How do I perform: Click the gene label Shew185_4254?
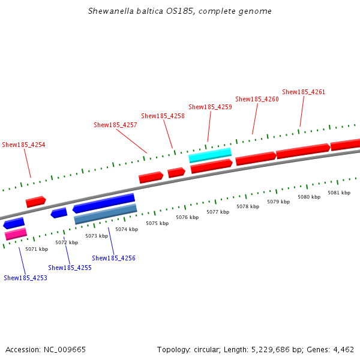23,145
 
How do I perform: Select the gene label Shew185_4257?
115,125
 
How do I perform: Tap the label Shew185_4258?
163,116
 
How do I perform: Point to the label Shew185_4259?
210,107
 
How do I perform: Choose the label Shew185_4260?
257,99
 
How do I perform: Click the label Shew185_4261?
304,92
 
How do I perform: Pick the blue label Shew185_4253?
25,278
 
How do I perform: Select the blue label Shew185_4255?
70,268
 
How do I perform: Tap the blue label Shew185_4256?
113,258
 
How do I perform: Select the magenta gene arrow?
16,234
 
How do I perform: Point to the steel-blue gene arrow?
106,214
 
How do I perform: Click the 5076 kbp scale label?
187,217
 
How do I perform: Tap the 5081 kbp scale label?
338,193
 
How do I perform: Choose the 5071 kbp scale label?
37,248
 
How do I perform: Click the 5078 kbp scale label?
247,206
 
